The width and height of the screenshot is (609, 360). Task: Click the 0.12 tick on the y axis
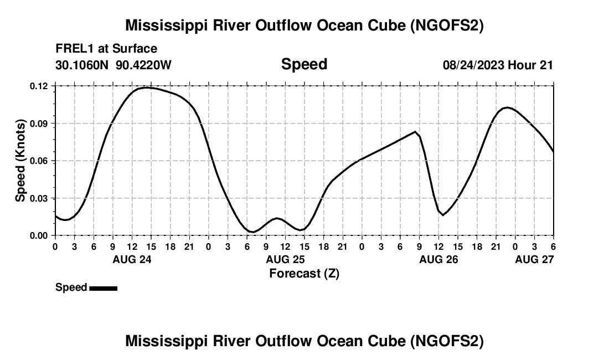click(x=39, y=86)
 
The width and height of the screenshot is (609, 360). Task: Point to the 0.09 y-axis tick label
click(x=39, y=123)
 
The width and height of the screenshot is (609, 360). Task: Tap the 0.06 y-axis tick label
click(x=39, y=161)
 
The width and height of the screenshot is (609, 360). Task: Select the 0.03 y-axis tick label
click(x=39, y=198)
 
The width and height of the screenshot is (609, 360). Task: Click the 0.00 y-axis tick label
click(x=39, y=235)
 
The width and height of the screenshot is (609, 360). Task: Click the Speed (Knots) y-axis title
click(x=20, y=161)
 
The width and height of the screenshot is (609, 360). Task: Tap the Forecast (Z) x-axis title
click(x=304, y=273)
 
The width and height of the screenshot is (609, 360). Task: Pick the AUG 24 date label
click(x=132, y=259)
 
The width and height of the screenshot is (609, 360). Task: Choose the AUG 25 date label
click(x=285, y=259)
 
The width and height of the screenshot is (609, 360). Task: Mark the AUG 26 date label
click(x=438, y=259)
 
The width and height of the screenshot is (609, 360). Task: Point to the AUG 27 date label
click(x=534, y=259)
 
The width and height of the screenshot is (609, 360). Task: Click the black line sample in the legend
click(x=103, y=288)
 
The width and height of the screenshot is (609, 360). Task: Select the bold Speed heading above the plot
click(x=304, y=64)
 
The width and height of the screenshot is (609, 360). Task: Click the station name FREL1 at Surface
click(x=106, y=49)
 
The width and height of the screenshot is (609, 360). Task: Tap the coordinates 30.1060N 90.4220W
click(x=113, y=65)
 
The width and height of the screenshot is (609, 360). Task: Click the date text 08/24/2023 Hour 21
click(x=498, y=65)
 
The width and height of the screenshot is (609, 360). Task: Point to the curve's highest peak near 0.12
click(x=147, y=88)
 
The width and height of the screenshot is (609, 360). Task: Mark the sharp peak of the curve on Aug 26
click(x=415, y=131)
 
